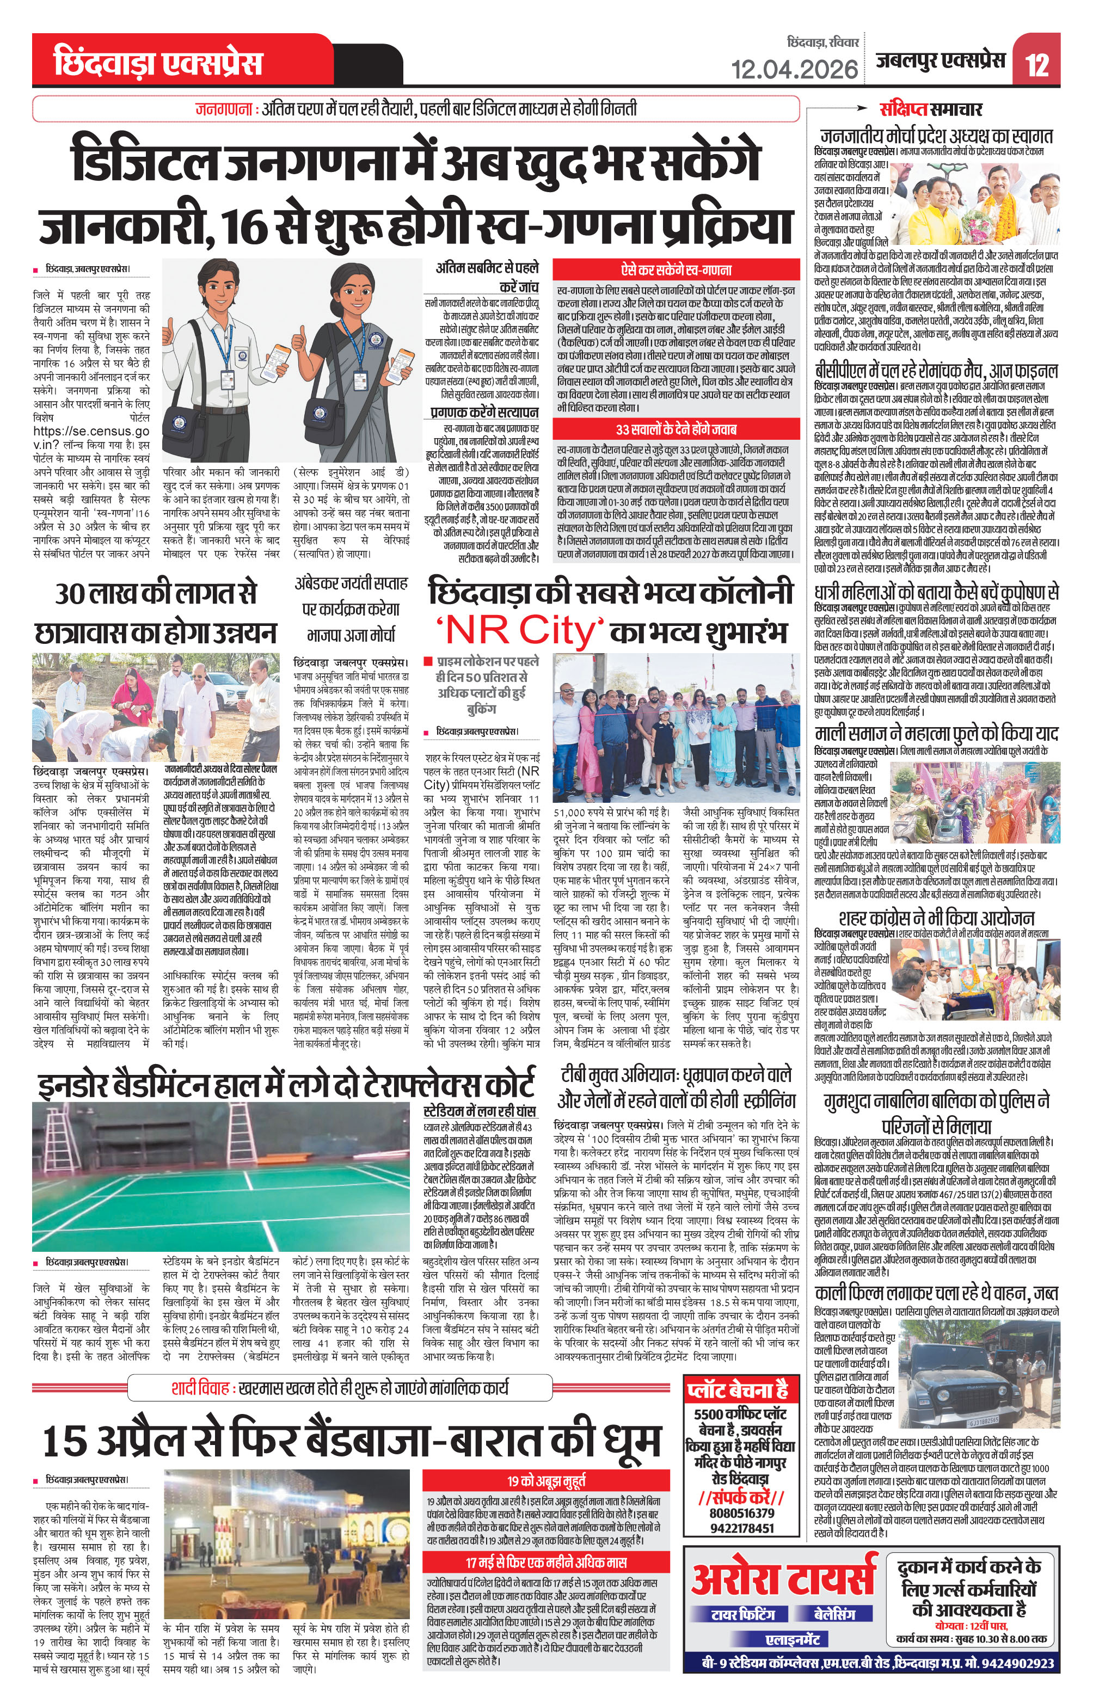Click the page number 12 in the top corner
click(1037, 65)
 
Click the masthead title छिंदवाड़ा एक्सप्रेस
click(157, 63)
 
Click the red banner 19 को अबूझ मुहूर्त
click(546, 1480)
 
